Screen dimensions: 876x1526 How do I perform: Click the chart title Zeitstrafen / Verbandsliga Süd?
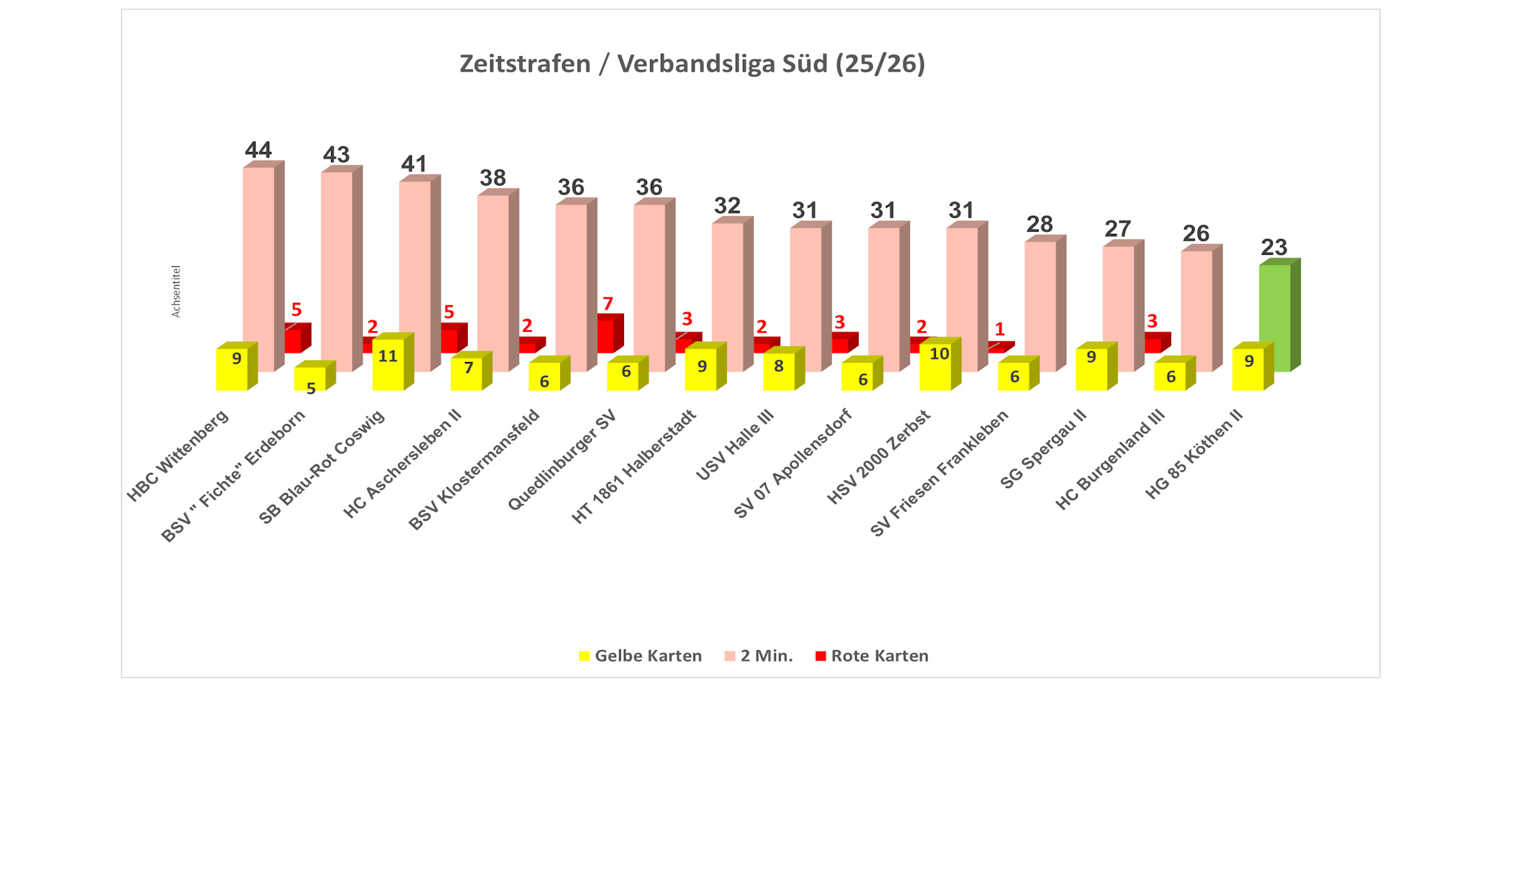(692, 64)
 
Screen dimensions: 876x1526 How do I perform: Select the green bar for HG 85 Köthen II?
(1275, 317)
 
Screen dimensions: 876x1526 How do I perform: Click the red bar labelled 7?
(606, 335)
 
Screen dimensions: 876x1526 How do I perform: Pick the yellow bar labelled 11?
(388, 366)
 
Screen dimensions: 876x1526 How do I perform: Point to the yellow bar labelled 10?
(936, 367)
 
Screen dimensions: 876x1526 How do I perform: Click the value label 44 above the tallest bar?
(258, 150)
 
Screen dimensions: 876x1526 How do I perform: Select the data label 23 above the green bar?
(1274, 248)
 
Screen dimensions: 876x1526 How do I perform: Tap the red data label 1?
(999, 330)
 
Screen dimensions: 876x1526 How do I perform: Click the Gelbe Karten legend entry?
(640, 656)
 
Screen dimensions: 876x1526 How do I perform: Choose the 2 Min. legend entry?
(759, 656)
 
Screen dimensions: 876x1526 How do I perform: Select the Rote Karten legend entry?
(872, 656)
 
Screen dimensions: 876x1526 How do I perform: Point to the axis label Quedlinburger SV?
(562, 460)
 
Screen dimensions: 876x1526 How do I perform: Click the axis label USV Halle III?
(734, 446)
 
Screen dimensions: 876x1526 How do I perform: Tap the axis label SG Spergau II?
(1043, 449)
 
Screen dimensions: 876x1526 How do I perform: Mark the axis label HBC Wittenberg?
(178, 456)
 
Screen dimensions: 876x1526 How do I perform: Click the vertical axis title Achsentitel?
(176, 291)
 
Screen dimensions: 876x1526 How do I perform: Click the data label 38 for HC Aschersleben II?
(493, 178)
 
